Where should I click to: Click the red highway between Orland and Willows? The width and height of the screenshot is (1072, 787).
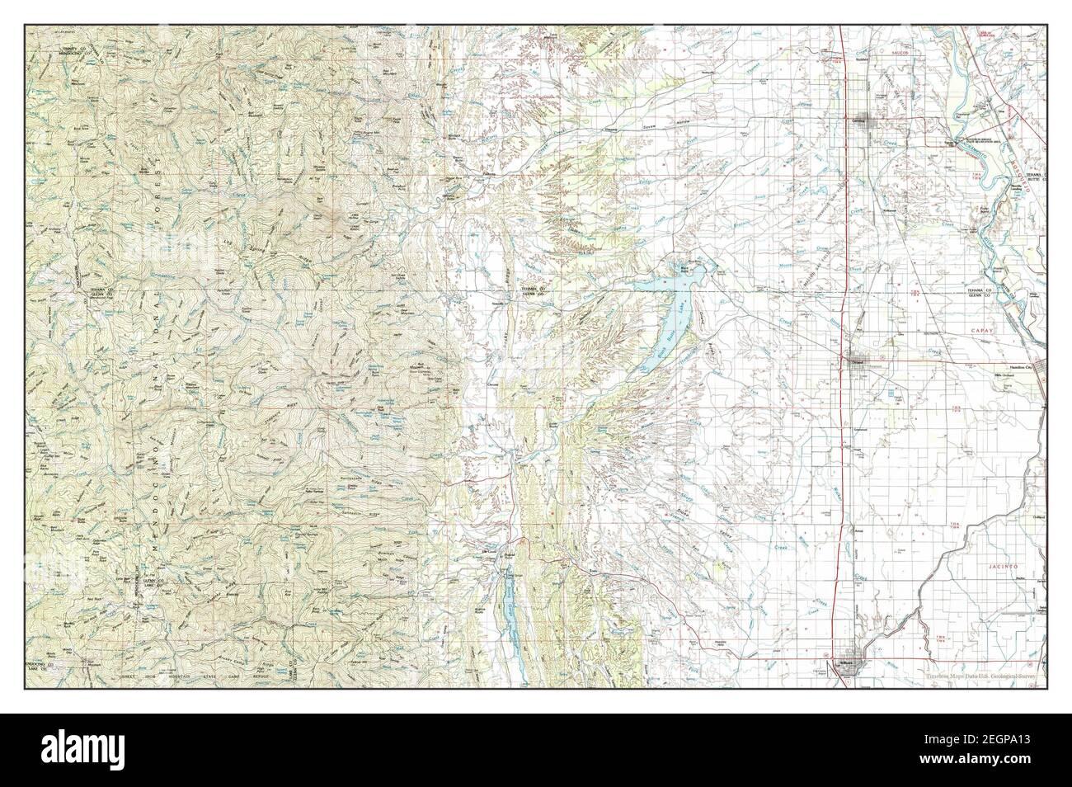(840, 495)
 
